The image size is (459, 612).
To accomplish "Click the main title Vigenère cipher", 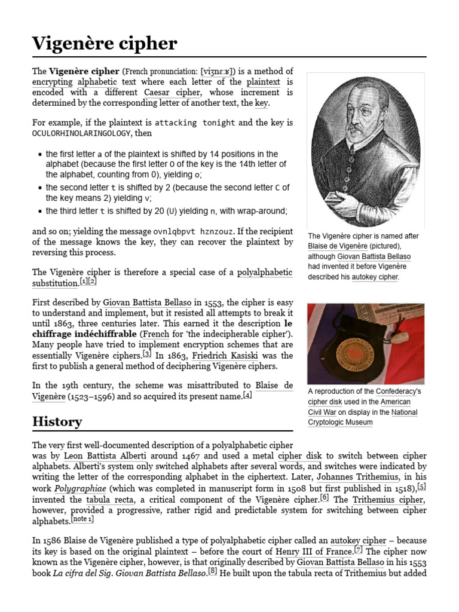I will [x=105, y=43].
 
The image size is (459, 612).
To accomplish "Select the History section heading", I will [x=57, y=421].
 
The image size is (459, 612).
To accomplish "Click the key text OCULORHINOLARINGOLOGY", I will [x=77, y=133].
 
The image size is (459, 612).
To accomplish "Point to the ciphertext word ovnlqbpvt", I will [x=174, y=231].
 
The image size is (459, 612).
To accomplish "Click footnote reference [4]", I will [x=247, y=395].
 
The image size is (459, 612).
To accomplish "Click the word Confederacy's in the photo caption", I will [x=398, y=391].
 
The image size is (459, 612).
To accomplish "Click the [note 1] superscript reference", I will [x=82, y=519].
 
